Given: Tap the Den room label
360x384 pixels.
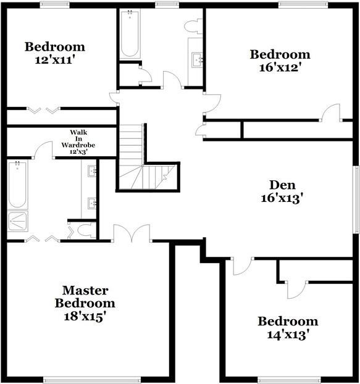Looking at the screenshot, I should pos(282,185).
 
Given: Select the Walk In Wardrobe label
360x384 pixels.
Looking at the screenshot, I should pos(78,141).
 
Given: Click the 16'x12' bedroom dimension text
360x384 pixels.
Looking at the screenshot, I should pos(280,67).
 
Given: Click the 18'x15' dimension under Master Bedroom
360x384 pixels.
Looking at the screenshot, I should pos(85,317).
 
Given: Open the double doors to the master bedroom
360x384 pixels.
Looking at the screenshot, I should pos(132,234).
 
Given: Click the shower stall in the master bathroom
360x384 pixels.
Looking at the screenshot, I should pos(17,221).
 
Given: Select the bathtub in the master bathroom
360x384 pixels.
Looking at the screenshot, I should pos(17,185).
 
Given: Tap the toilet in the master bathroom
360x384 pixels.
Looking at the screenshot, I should pos(83,231).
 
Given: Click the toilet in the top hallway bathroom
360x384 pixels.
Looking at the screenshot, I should pos(195,26).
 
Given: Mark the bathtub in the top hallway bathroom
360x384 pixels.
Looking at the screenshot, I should pos(130,34).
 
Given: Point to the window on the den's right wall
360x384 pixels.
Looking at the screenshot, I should pos(356,199).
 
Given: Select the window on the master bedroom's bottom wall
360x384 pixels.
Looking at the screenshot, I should pos(85,380).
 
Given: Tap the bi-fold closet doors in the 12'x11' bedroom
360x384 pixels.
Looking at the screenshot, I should pos(43,111).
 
